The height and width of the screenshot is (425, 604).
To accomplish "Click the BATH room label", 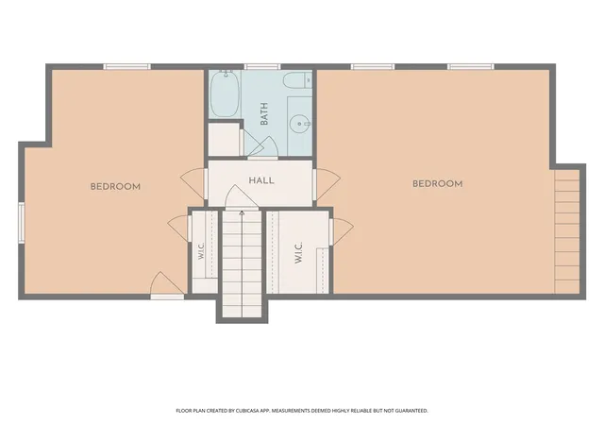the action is click(264, 113).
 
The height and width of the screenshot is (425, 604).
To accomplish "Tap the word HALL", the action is click(261, 180).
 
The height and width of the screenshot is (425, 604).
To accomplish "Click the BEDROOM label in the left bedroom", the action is click(115, 187).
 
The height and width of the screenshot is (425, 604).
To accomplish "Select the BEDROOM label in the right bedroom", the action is click(438, 184).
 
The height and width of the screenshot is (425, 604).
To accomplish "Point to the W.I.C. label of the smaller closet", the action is click(201, 250).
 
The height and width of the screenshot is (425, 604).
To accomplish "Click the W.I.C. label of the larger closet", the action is click(298, 253).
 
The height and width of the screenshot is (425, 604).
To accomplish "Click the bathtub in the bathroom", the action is click(225, 93).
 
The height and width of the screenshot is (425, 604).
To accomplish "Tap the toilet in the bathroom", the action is click(297, 81).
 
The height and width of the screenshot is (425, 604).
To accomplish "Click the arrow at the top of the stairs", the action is click(242, 212).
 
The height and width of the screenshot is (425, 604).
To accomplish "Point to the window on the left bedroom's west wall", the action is click(22, 223).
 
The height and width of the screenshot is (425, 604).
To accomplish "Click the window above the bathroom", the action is click(262, 67).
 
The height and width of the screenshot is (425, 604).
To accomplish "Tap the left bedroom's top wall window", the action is click(127, 67).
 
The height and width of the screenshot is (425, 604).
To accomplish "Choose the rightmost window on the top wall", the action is click(471, 67).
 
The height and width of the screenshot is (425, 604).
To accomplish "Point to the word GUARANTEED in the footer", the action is click(413, 411).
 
